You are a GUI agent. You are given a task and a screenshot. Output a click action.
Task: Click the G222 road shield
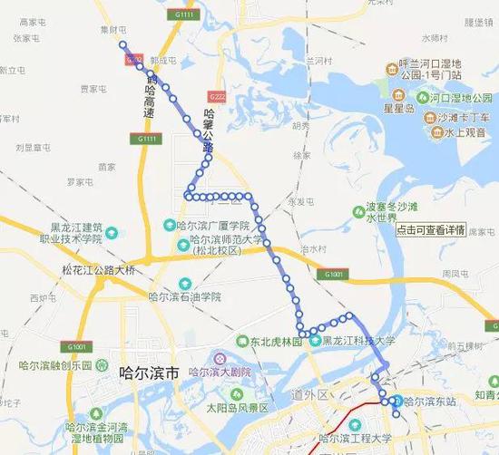coord(216,95)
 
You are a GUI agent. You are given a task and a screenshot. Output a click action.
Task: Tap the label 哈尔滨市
coord(151,372)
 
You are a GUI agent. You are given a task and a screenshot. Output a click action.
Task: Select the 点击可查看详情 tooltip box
coord(431,229)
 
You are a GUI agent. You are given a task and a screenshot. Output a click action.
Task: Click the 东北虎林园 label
coord(272,342)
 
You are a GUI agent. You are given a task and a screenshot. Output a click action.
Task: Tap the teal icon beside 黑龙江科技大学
coord(315,342)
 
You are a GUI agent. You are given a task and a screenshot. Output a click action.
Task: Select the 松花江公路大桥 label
coord(93,270)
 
